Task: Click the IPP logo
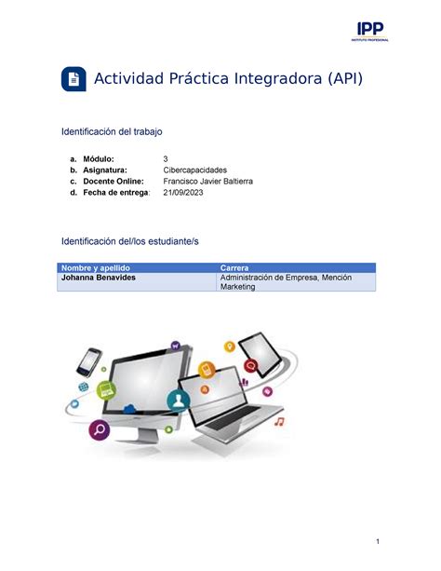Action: (x=369, y=32)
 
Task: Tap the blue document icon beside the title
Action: (x=73, y=78)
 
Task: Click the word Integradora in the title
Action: (x=278, y=78)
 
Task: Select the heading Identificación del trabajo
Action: (x=112, y=131)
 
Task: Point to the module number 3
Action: (x=166, y=158)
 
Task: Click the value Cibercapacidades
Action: (x=195, y=170)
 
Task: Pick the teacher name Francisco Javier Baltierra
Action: (x=207, y=182)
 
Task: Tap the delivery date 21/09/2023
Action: (x=183, y=193)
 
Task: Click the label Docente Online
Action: (x=114, y=182)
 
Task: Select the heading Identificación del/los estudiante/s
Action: (x=130, y=241)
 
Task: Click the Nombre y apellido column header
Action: (x=95, y=268)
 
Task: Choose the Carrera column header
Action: (x=234, y=268)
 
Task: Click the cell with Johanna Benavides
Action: (x=99, y=278)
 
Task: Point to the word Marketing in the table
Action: (x=237, y=287)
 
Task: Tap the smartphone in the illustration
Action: (x=89, y=362)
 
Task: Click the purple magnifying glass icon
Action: (x=100, y=429)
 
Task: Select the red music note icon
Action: (x=279, y=422)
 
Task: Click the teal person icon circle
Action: (x=179, y=401)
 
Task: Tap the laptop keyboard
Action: (x=233, y=418)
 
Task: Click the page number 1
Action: (x=378, y=541)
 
